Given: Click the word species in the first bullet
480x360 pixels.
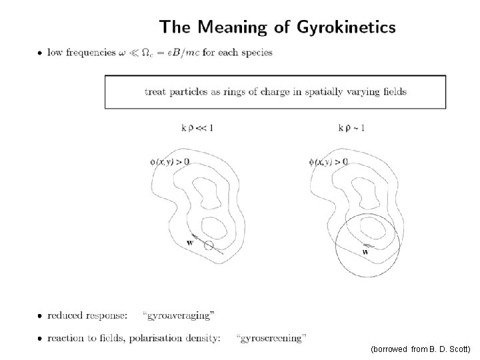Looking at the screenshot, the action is coord(256,53).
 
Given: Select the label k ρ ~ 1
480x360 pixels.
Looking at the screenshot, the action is coord(351,127).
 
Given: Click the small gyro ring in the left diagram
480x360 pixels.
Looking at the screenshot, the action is coord(209,246).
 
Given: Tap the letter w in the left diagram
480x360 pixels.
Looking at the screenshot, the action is coord(190,243).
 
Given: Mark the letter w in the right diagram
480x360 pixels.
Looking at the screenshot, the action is coord(365,251).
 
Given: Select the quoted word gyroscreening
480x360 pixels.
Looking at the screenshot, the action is coord(272,338).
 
